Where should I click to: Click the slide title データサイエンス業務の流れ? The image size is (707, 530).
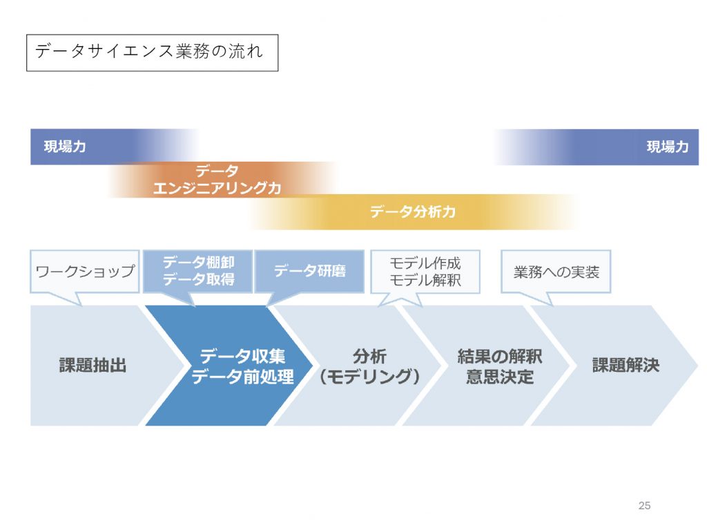coord(149,51)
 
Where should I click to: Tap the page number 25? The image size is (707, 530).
coord(644,506)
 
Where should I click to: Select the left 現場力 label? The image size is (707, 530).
coord(65,146)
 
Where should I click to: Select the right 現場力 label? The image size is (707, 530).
coord(668,146)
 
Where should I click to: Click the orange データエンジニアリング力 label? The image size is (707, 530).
coord(217,180)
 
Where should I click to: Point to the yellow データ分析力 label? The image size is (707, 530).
coord(413,211)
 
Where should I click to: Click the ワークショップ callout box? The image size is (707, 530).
coord(85,272)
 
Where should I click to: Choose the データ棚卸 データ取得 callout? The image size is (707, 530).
coord(198,272)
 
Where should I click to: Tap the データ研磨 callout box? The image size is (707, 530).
coord(310,272)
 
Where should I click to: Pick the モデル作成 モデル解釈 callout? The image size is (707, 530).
coord(425,272)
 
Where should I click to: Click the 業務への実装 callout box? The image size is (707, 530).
coord(556,272)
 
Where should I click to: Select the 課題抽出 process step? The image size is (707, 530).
coord(93,366)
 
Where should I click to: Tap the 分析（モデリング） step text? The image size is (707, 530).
coord(369,366)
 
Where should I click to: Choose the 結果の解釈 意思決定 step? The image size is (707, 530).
coord(500,366)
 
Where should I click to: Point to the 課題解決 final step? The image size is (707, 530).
coord(626,366)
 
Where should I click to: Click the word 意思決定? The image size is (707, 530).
coord(500,377)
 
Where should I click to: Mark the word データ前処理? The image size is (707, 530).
coord(242,377)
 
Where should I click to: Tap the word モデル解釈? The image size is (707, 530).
coord(425,281)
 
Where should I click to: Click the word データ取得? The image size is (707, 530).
coord(199,280)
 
